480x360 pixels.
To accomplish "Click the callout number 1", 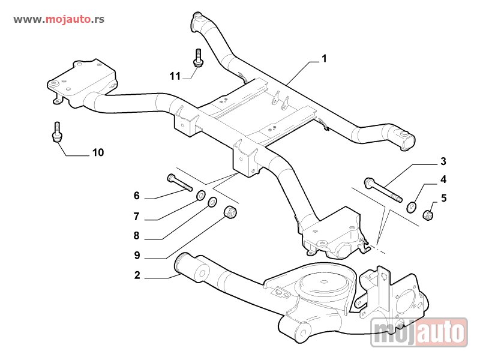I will (324, 59).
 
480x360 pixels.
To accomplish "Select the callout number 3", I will (443, 161).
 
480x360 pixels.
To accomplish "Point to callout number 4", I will (443, 179).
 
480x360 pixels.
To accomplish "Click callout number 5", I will (443, 197).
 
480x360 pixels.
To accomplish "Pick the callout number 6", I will (137, 196).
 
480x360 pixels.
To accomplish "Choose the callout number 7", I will (137, 216).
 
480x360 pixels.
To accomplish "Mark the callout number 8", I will (137, 236).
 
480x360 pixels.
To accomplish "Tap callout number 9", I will (137, 256).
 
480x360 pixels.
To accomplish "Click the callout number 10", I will (98, 153).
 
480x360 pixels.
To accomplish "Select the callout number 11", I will (175, 76).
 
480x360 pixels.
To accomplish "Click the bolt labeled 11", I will (197, 58).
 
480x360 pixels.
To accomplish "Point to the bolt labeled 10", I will (57, 133).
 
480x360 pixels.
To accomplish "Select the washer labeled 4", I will (412, 207).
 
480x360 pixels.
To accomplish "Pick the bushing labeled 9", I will (230, 212).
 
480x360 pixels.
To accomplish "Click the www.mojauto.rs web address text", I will (59, 19).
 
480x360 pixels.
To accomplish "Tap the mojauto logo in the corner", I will (419, 332).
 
